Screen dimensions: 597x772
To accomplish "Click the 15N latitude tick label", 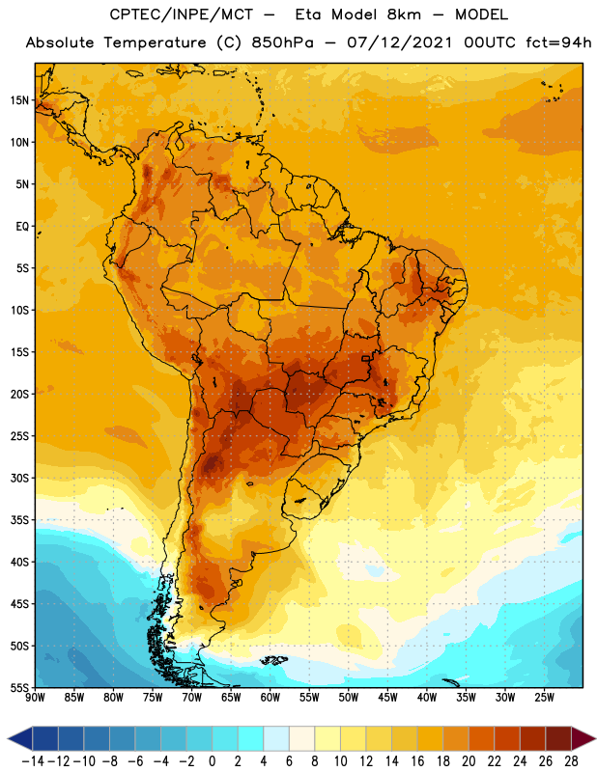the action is pos(19,100).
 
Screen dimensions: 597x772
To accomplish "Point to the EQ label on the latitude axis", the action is pos(22,227).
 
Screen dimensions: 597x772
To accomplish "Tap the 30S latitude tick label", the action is pos(19,478).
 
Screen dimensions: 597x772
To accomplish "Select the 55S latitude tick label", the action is pos(19,687).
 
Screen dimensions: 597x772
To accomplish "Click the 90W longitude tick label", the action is pos(36,698).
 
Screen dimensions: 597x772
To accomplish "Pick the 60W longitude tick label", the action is pos(270,698).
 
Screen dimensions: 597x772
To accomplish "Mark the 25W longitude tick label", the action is pos(544,698).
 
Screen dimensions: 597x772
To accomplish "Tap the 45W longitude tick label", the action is pos(387,698).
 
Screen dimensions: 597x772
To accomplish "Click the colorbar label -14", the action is pos(33,761).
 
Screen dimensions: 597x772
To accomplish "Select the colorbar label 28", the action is pos(571,761).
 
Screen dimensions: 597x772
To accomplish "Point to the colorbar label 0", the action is pos(212,761).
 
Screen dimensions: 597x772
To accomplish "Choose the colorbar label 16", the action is pos(417,761).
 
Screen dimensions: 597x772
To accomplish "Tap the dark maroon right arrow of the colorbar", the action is pos(583,738).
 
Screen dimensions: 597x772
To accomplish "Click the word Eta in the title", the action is pos(308,14).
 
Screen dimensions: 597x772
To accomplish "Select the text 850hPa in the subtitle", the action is pos(282,42).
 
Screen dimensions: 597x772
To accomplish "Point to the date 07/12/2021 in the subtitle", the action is pos(399,42).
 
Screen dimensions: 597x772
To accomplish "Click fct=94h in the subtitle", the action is pos(558,42).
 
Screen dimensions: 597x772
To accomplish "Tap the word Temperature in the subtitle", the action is pos(155,42).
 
